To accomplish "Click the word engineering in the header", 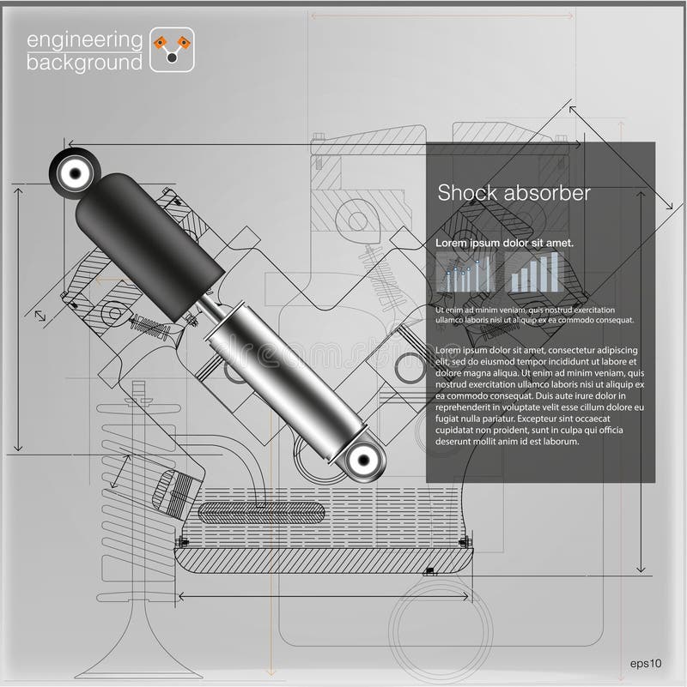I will pyautogui.click(x=84, y=39).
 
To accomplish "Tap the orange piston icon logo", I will pyautogui.click(x=172, y=50).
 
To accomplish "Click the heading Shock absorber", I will pyautogui.click(x=514, y=193).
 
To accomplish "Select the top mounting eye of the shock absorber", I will pyautogui.click(x=74, y=172).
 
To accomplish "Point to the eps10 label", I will pyautogui.click(x=646, y=662).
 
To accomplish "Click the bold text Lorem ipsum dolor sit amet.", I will pyautogui.click(x=504, y=244).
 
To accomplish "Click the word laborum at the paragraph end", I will pyautogui.click(x=556, y=442).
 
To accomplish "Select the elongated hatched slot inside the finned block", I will pyautogui.click(x=261, y=512).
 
